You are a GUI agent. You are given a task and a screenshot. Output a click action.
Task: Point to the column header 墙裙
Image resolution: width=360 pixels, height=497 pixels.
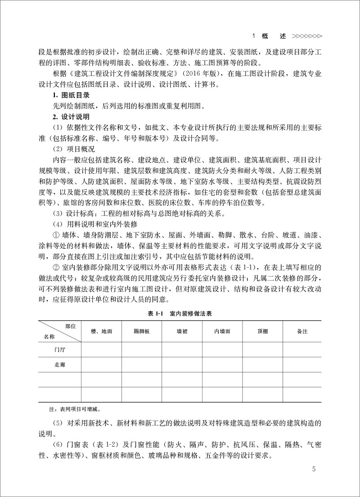[x=182, y=331]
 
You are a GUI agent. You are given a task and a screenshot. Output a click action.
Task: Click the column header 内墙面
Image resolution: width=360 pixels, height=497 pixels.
[x=222, y=331]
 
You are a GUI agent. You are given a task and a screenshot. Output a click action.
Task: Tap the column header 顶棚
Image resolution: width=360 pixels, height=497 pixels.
[x=263, y=331]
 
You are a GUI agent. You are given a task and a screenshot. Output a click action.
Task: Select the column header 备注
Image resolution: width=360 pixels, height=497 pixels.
[x=302, y=331]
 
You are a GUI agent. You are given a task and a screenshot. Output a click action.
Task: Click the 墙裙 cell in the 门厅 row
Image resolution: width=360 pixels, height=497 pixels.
[x=182, y=348]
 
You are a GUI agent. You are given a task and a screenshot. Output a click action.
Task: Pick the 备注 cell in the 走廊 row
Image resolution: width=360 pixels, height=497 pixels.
[x=302, y=364]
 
